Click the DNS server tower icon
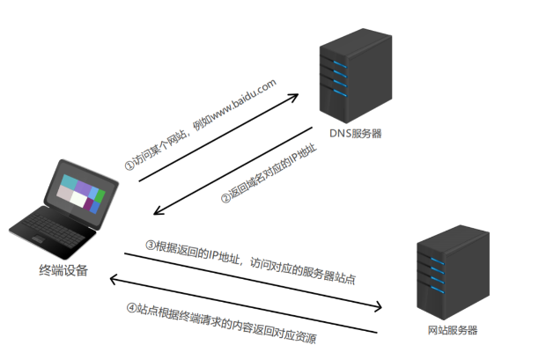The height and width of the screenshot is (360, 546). tap(353, 76)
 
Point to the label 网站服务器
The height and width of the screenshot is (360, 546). tap(450, 330)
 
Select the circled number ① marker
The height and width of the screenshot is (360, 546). tap(129, 165)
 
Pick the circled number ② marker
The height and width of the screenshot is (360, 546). tap(225, 199)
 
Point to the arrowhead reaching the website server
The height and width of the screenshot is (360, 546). tap(382, 307)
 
